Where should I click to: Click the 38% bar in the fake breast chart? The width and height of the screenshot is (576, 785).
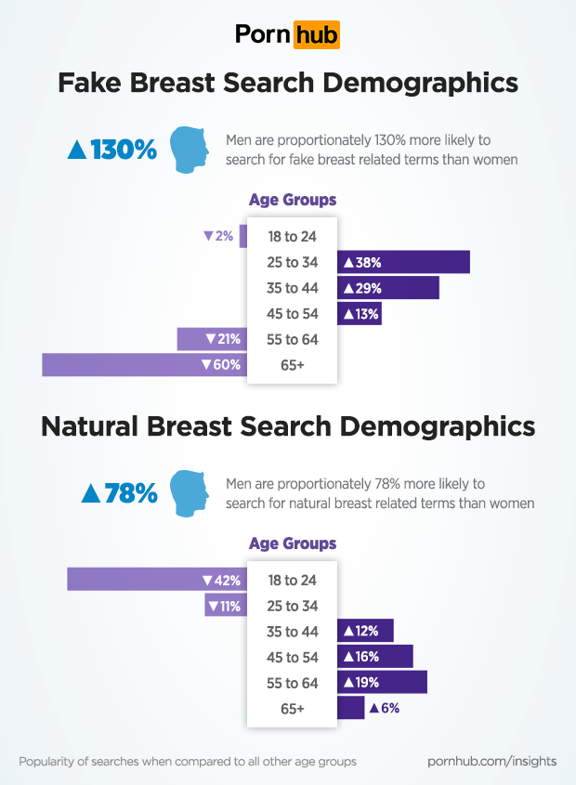tap(403, 262)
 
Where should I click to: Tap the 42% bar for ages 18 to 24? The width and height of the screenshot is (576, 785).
tap(156, 580)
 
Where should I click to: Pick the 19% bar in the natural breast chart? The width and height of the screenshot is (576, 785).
tap(382, 683)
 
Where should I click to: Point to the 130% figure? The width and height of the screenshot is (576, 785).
tap(112, 149)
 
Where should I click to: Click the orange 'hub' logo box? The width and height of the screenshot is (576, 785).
tap(316, 34)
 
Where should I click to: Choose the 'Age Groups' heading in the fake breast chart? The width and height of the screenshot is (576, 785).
tap(293, 200)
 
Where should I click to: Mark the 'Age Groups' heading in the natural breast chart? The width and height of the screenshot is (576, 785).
tap(293, 543)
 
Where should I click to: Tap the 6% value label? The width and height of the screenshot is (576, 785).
tap(385, 708)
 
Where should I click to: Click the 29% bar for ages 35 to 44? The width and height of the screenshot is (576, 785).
tap(387, 288)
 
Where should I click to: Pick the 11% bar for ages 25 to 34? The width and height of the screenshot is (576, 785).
tap(225, 606)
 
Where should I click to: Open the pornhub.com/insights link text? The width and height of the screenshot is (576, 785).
tap(491, 761)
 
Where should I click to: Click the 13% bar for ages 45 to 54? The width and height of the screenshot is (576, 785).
tap(360, 314)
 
